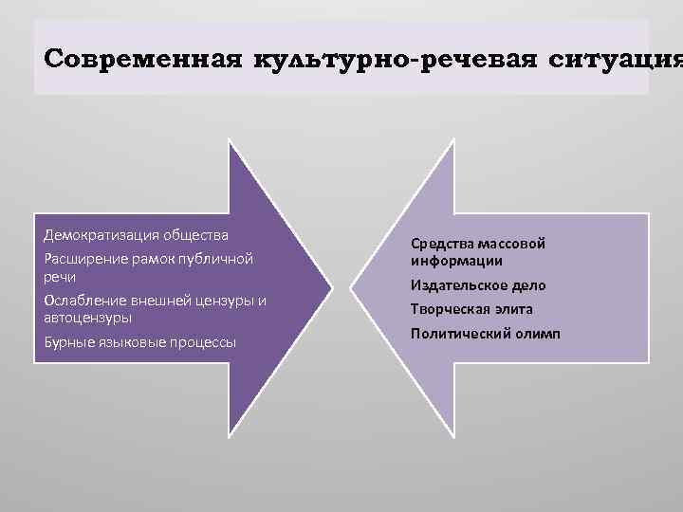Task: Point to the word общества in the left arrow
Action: (194, 234)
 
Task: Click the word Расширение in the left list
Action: (86, 258)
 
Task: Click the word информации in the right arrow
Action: (456, 261)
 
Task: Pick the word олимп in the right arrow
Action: (536, 334)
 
